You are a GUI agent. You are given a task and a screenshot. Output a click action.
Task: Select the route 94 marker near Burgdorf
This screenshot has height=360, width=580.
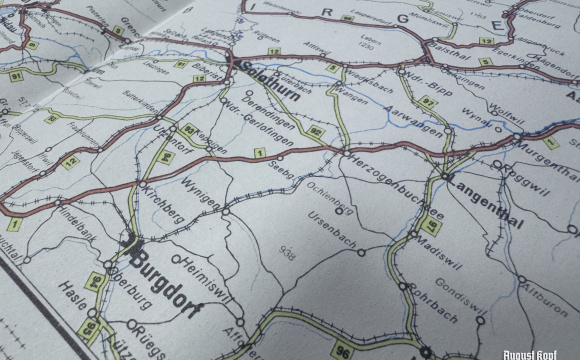(x=96, y=281)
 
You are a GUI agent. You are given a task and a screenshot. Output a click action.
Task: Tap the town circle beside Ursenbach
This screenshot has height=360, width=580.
(x=361, y=252)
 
